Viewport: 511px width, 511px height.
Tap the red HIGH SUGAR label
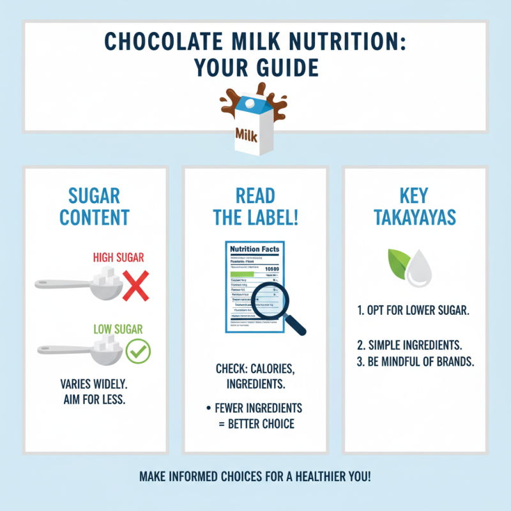pyautogui.click(x=119, y=258)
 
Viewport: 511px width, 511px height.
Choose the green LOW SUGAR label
pyautogui.click(x=118, y=330)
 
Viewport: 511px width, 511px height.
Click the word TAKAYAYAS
pyautogui.click(x=415, y=217)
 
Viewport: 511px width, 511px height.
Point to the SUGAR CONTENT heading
pyautogui.click(x=95, y=206)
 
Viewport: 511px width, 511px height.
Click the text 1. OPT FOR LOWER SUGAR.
pyautogui.click(x=413, y=312)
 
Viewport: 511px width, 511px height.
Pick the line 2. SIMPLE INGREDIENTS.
pyautogui.click(x=409, y=346)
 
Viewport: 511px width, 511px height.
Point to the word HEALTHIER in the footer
pyautogui.click(x=320, y=476)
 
